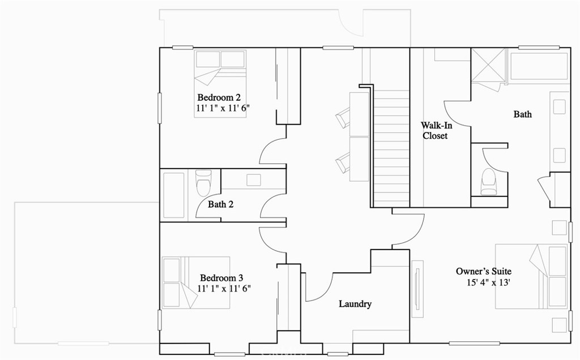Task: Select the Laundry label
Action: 355,304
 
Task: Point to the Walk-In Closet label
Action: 435,131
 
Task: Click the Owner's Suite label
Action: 484,272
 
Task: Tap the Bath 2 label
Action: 220,204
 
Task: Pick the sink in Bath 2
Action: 253,180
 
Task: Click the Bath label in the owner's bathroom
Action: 522,114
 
